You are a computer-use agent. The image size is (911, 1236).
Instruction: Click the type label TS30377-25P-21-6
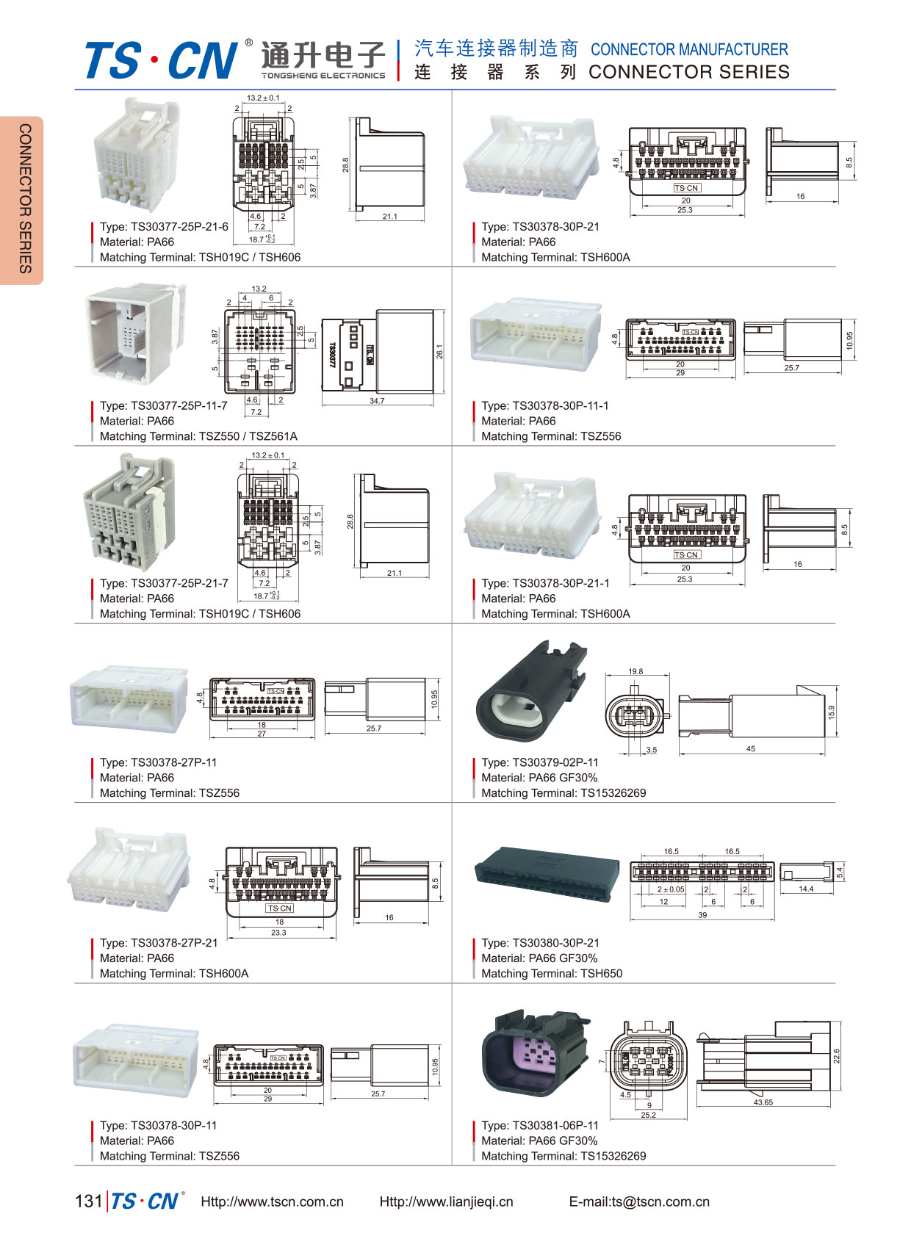tap(164, 227)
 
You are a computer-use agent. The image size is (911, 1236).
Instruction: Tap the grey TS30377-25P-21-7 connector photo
tap(130, 513)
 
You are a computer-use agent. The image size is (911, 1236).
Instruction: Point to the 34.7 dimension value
tap(377, 401)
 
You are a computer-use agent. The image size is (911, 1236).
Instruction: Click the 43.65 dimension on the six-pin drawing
tap(763, 1102)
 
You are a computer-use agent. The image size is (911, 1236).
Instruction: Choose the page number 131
tap(88, 1201)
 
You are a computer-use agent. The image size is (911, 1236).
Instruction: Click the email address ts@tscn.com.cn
tap(639, 1201)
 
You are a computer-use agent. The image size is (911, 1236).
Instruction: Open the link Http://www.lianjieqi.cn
tap(446, 1201)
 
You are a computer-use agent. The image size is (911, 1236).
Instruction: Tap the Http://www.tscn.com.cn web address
tap(272, 1201)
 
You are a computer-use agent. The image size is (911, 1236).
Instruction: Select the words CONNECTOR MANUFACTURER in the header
tap(689, 50)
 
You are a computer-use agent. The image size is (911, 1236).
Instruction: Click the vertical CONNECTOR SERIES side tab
tap(25, 199)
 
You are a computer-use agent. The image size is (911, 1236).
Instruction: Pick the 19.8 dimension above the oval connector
tap(635, 671)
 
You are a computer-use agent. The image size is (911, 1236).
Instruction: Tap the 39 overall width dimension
tap(702, 915)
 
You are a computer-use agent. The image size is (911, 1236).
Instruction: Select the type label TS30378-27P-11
tap(158, 762)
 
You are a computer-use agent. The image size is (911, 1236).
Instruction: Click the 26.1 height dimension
tap(439, 352)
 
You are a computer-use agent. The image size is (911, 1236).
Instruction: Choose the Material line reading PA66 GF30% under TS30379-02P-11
tap(539, 778)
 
